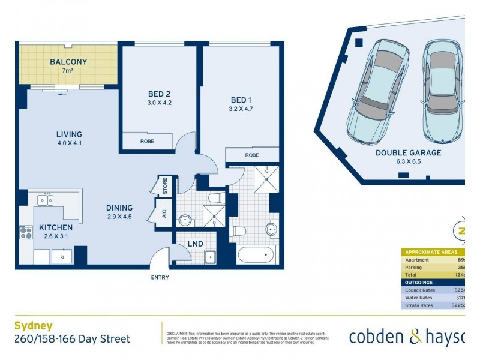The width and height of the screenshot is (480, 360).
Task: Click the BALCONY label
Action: coord(68,62)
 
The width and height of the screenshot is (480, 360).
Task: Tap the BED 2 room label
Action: coord(160,94)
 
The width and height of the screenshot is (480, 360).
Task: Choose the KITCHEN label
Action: coord(56,227)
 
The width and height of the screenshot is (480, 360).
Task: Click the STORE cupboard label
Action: coord(164,185)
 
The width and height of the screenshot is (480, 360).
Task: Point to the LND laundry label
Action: coord(195,244)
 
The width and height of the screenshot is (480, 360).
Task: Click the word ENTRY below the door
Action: coord(160,277)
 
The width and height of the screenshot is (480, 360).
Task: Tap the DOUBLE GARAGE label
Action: coord(408,153)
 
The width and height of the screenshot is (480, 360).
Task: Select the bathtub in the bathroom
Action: coord(256,255)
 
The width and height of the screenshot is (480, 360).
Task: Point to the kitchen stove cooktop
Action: coord(26,232)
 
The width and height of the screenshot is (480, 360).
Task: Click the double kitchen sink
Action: coord(46,200)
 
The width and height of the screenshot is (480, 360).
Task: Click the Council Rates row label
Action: coord(421,290)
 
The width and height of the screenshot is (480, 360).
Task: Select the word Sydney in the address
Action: coord(31,326)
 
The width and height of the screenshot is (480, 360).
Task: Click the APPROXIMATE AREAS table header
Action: coord(431,252)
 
